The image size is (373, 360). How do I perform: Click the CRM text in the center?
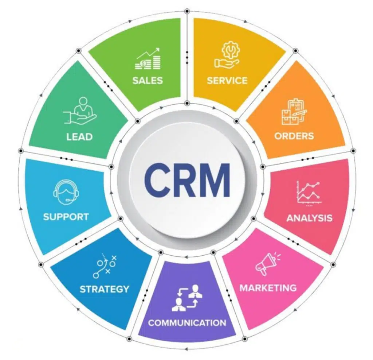(187, 180)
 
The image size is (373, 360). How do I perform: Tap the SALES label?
(148, 81)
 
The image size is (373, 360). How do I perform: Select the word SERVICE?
(227, 81)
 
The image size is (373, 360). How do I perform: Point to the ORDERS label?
(294, 136)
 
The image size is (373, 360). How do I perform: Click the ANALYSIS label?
(309, 218)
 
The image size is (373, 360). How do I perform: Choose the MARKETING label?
(268, 288)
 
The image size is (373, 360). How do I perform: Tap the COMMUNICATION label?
(187, 323)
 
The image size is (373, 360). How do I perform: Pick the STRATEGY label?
(104, 289)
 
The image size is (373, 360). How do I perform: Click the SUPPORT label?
(66, 217)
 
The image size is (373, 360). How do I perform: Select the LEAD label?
(79, 137)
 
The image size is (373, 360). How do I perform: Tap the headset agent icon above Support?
(66, 192)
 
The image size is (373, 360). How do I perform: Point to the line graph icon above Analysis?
(309, 193)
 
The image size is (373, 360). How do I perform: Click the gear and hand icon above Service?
(227, 55)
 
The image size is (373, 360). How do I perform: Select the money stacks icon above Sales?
(148, 59)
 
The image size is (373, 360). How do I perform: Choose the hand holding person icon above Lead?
(80, 111)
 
